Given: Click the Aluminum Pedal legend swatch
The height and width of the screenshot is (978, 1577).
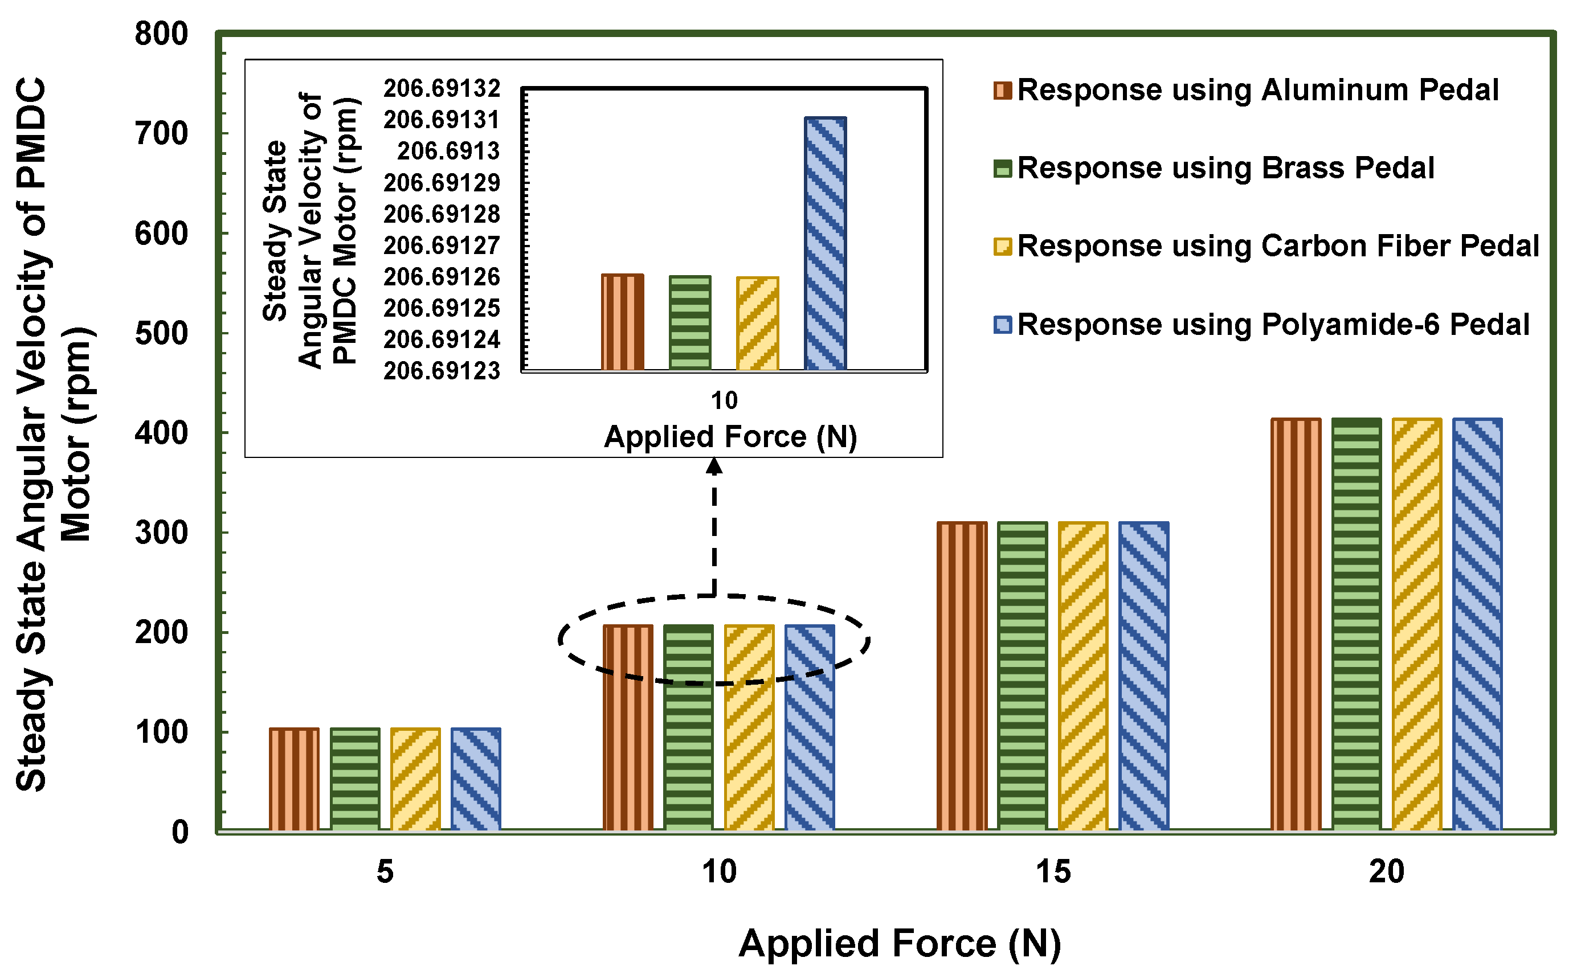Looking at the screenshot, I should [1002, 91].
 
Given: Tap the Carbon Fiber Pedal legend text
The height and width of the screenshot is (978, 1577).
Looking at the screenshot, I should [1277, 247].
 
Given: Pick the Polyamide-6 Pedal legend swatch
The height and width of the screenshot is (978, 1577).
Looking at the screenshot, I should [1002, 325].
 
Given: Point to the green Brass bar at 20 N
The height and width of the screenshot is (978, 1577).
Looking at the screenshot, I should [1356, 624].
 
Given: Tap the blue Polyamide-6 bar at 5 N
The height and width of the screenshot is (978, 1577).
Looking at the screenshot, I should [475, 779].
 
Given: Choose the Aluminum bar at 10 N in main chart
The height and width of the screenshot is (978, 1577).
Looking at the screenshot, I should [627, 728].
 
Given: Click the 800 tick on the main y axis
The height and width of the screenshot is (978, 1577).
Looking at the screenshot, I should [161, 34].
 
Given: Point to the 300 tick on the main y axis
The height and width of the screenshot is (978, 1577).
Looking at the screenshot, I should [161, 533].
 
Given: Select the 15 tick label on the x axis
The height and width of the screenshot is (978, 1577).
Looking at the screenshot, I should [1053, 871].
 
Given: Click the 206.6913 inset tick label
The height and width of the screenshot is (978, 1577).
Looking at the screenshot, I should [448, 152].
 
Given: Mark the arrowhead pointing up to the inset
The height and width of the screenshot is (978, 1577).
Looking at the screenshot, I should [713, 466].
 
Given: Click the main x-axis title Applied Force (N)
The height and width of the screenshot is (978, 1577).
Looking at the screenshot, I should [899, 943].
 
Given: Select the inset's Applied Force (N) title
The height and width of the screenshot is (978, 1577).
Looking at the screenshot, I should [730, 437].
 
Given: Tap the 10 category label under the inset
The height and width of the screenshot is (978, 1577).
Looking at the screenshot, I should [724, 400].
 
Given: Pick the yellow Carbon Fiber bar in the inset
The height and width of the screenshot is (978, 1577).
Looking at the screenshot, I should [758, 324].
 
